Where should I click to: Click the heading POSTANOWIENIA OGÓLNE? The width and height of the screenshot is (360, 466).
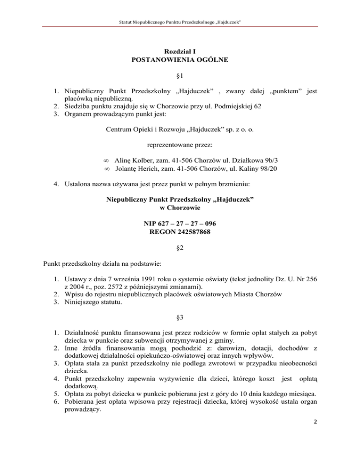click(180, 60)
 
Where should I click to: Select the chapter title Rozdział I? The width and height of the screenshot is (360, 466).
click(180, 51)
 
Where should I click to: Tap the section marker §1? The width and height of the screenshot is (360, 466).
click(180, 76)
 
